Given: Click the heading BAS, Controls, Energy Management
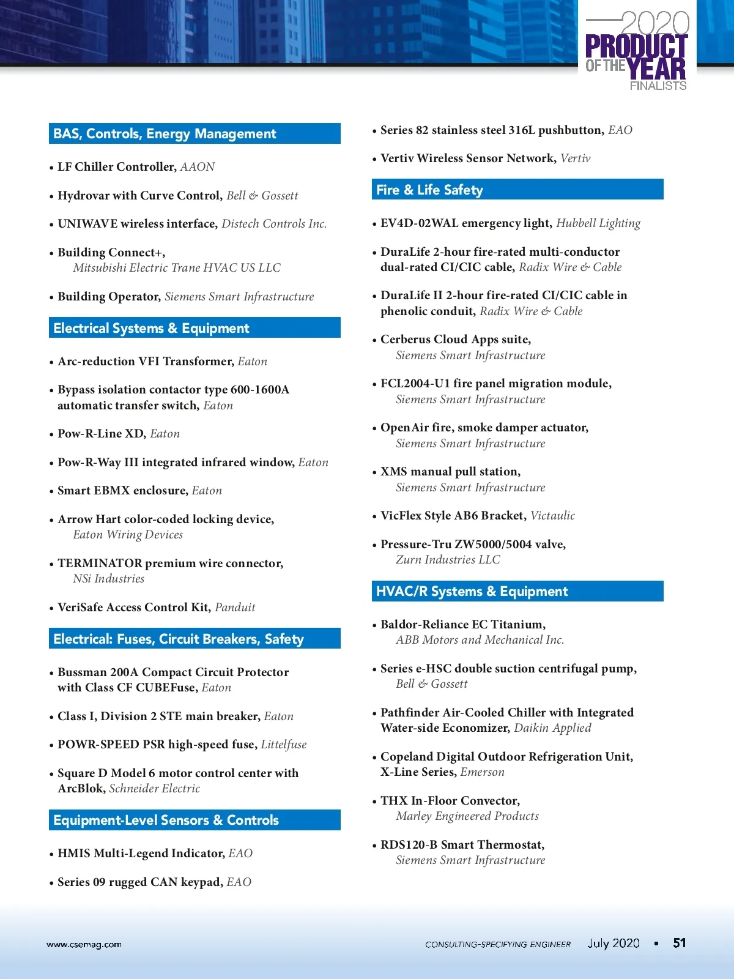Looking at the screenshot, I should pos(165,133).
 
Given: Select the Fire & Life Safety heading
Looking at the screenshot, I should pos(429,190).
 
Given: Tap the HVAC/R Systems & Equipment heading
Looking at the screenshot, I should pos(472,591).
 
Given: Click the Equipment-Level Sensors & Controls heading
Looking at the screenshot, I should pos(166,820).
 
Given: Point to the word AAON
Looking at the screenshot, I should pos(197,166).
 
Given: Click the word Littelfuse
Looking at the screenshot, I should pos(283,744).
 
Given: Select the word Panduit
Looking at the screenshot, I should pos(235,607).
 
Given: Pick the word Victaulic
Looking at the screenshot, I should pos(552,515).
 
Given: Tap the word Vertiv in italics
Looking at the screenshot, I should pos(575,158).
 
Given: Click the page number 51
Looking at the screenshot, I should pos(679,943).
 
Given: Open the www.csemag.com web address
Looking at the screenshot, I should pos(84,944).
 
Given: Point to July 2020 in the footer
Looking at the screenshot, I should pos(613,943).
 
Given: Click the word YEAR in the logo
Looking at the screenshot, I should pos(656,67).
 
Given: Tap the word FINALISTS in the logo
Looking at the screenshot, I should pos(658,86).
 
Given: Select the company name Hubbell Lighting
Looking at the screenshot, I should pos(598,223).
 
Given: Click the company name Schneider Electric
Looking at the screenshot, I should pos(154,788).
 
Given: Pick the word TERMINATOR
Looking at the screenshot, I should pos(100,563).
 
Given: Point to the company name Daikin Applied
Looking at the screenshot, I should pos(552,728).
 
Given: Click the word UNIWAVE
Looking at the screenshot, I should pos(87,223).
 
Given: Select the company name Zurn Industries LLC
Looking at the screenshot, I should pos(448,559).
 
